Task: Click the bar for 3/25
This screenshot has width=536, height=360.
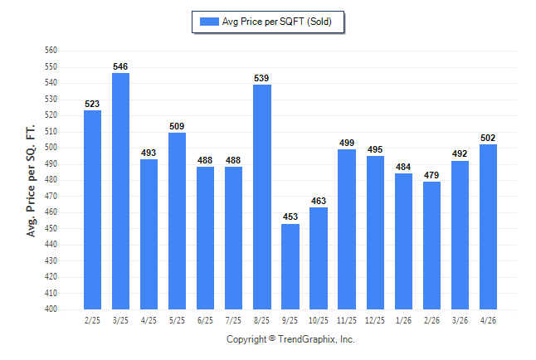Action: (x=120, y=191)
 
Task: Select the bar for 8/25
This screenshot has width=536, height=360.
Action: (x=262, y=197)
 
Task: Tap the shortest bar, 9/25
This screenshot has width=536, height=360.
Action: (x=290, y=266)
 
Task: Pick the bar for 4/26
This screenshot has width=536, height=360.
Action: (x=488, y=226)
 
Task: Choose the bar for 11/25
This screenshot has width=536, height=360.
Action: (x=347, y=230)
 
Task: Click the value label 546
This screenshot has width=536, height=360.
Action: (x=120, y=66)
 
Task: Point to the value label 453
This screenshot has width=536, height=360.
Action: (x=290, y=216)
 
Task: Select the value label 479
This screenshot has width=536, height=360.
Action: (x=431, y=175)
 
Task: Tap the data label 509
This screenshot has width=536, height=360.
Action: (x=177, y=126)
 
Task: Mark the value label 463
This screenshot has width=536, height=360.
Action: (x=319, y=201)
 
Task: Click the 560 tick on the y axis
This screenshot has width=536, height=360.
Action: (x=51, y=51)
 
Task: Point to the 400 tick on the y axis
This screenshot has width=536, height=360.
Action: (x=51, y=309)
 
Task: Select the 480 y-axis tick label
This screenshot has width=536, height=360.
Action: (x=51, y=180)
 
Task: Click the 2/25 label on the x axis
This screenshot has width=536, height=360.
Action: (x=92, y=320)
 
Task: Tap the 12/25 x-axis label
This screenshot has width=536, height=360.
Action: (x=375, y=320)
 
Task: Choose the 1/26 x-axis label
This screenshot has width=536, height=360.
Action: (x=403, y=320)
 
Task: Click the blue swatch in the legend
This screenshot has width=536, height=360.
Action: (x=209, y=22)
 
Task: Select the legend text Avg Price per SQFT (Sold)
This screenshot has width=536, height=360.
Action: (x=277, y=22)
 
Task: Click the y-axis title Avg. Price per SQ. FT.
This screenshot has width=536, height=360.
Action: (x=31, y=181)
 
